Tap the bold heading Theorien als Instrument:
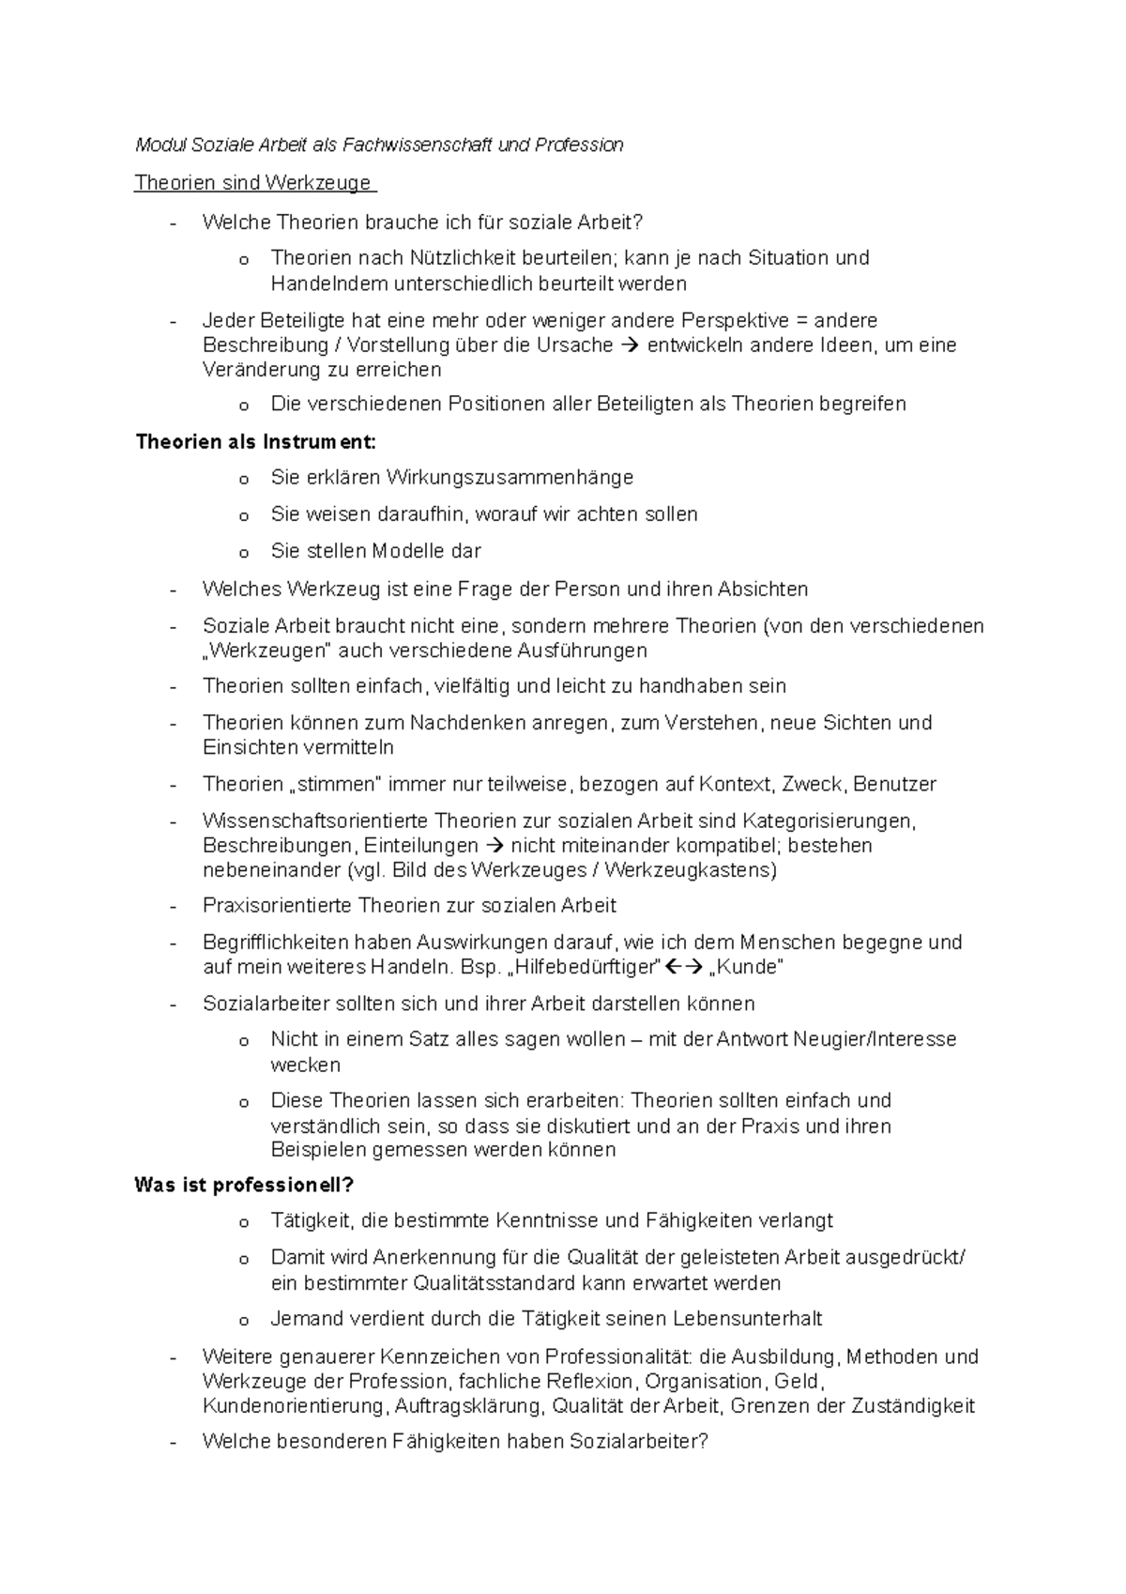click(255, 441)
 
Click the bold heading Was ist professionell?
click(244, 1185)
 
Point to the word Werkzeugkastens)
click(691, 870)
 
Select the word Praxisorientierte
click(277, 906)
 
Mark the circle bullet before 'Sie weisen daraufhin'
click(244, 516)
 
